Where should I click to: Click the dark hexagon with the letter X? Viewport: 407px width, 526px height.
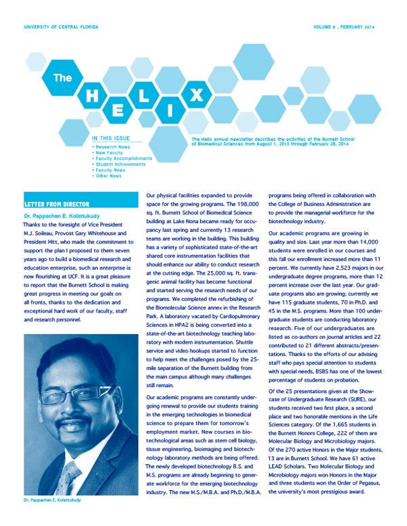pyautogui.click(x=196, y=96)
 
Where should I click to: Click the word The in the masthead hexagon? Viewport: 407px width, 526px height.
pyautogui.click(x=62, y=78)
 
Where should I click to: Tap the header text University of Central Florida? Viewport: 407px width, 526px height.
pyautogui.click(x=60, y=26)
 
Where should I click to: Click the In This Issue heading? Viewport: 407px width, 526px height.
pyautogui.click(x=111, y=139)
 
